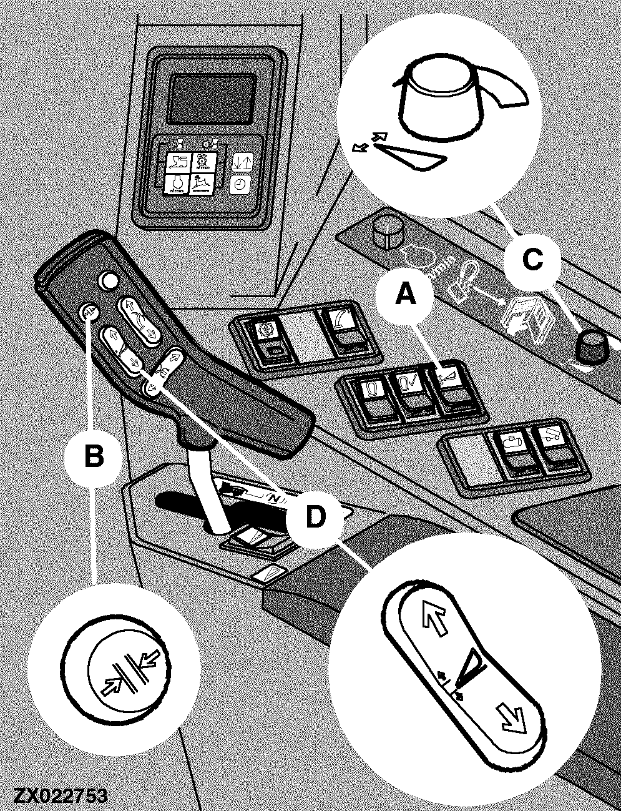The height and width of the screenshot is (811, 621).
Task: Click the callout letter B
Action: pyautogui.click(x=94, y=456)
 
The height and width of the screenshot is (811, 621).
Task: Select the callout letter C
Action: pyautogui.click(x=532, y=259)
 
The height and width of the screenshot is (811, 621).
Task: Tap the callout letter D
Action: pyautogui.click(x=315, y=516)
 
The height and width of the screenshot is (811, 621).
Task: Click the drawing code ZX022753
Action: pyautogui.click(x=60, y=797)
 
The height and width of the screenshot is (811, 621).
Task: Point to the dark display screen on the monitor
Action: pyautogui.click(x=213, y=97)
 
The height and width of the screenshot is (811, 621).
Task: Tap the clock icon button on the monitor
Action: pyautogui.click(x=240, y=184)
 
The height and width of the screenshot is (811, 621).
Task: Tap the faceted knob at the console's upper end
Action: pyautogui.click(x=388, y=232)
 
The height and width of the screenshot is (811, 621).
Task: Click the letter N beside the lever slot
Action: pyautogui.click(x=273, y=498)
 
